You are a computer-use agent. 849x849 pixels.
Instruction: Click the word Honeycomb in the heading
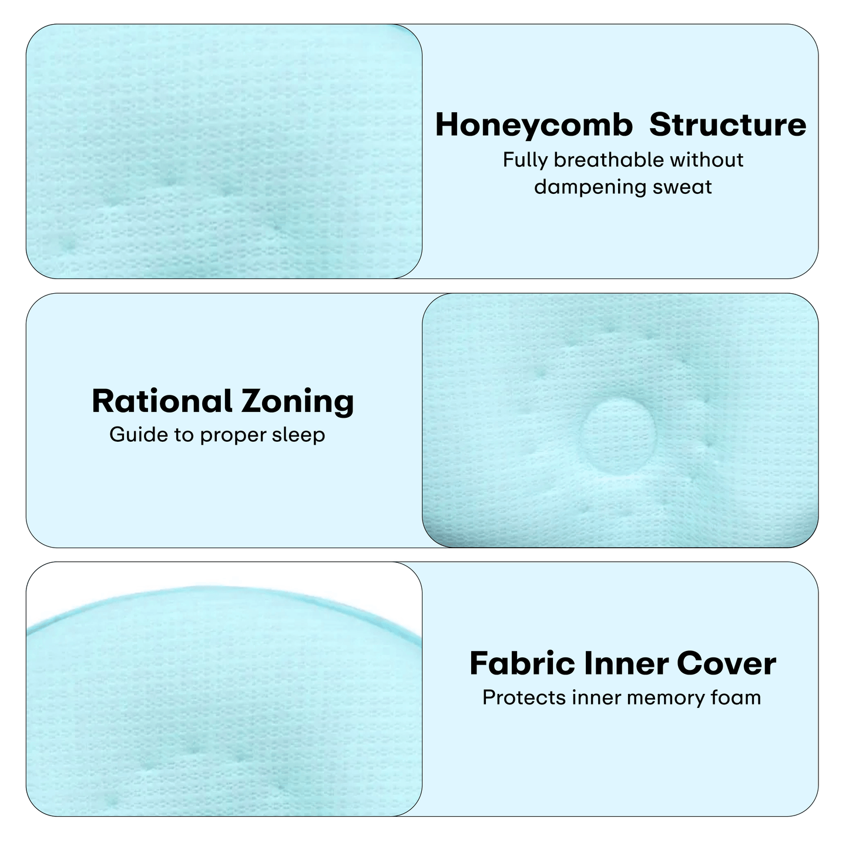(533, 126)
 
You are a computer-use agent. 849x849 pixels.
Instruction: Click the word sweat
(683, 187)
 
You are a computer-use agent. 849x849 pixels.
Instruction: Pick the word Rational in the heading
(162, 401)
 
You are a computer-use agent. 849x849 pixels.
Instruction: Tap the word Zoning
(298, 402)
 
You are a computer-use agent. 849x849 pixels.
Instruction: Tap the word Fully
(525, 160)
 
